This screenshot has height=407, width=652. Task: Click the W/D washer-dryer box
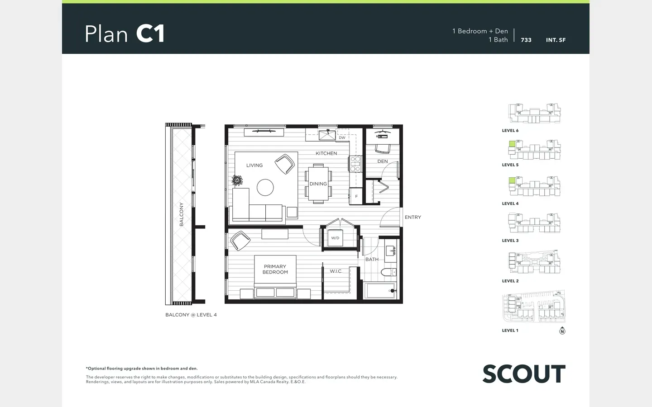point(335,238)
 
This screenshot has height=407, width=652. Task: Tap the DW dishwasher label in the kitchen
point(342,137)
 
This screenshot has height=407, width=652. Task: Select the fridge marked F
point(356,196)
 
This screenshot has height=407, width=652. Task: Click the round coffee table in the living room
point(265,188)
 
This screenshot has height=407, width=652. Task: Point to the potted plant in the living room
point(237,180)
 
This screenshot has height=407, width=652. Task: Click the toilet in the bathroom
point(388,272)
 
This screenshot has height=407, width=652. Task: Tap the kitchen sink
point(327,135)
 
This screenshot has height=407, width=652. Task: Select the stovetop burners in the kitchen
point(355,164)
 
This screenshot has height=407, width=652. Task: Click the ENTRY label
point(413,217)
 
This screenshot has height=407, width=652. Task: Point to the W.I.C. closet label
point(336,271)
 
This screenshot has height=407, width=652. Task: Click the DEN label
point(383,161)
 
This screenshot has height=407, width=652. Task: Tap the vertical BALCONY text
point(181,214)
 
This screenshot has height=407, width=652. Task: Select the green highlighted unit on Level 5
point(512,144)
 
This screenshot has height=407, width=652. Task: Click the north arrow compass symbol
point(562,331)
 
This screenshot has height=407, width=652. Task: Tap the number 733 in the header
point(526,40)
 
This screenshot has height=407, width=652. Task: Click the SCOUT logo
point(524,374)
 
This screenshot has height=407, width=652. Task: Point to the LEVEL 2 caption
point(510,281)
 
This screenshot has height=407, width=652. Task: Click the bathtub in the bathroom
point(380,290)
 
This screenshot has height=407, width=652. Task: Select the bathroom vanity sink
point(390,251)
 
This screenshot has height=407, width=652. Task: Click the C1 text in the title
point(150,34)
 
